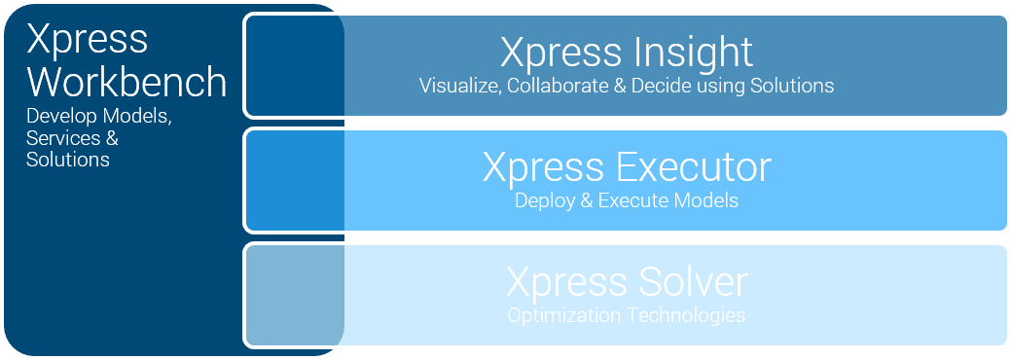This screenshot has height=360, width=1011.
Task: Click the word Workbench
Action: coord(126,82)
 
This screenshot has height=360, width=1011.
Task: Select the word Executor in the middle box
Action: coord(694,167)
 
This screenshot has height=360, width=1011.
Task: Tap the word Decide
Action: coord(660,86)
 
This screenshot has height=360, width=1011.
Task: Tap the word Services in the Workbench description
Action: coord(62,138)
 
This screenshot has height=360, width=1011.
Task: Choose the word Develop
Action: coord(59,117)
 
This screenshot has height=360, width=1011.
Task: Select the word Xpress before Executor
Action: coord(544,167)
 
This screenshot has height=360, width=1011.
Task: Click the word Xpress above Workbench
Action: coord(87,39)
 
